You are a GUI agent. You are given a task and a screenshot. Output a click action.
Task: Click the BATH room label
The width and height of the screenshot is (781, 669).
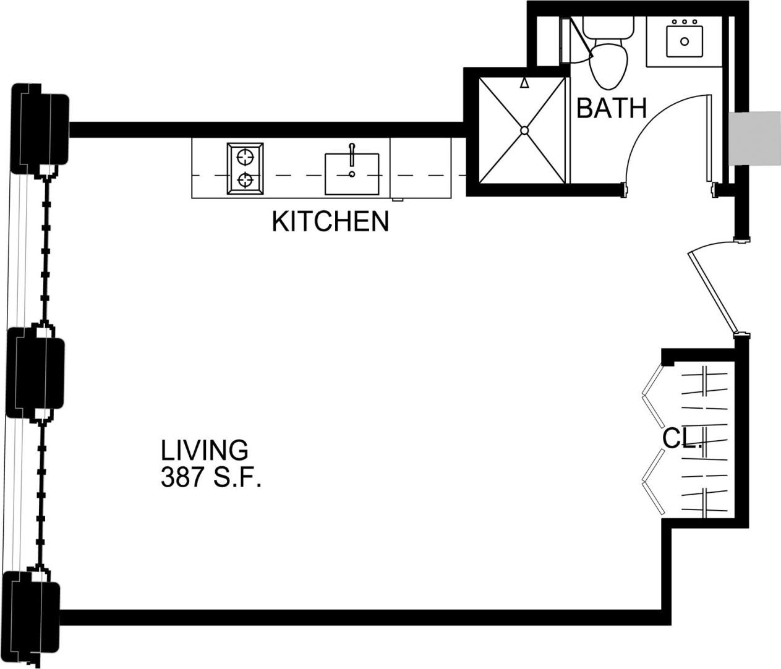point(611,108)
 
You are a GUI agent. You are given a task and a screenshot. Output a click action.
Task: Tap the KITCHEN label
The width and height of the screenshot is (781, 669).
point(330,221)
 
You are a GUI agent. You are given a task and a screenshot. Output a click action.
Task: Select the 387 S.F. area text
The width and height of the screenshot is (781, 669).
point(210,477)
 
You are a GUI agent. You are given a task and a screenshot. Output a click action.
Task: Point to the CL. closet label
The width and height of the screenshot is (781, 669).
point(681,439)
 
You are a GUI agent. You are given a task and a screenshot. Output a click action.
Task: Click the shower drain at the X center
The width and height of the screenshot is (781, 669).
point(524,130)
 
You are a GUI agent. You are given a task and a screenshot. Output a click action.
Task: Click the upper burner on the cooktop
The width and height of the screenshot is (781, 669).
point(245,156)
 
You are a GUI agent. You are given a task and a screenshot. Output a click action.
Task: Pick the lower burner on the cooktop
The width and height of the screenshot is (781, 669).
point(245,181)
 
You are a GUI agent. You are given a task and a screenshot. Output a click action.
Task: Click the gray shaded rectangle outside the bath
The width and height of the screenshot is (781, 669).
point(754,138)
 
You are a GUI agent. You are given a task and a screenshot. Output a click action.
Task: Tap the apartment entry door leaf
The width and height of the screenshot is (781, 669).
point(712,291)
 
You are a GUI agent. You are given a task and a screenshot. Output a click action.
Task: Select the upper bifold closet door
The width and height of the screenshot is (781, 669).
point(652,396)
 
